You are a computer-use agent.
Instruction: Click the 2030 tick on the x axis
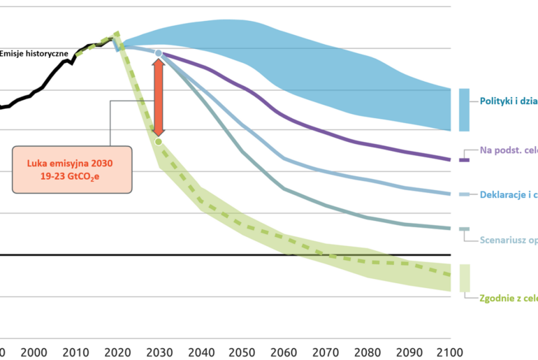tap(159, 352)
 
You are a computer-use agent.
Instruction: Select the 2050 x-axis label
tap(242, 352)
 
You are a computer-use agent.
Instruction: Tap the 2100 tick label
tap(449, 352)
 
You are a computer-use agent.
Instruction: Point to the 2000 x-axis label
tap(35, 352)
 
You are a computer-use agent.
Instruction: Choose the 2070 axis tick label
tap(325, 352)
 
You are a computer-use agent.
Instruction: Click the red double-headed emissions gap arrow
tap(159, 97)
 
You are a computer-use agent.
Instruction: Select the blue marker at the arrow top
tap(159, 53)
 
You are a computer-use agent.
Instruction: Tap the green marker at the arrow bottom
tap(159, 142)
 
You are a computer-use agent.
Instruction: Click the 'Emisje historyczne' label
tap(34, 53)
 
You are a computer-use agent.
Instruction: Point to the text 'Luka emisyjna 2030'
tap(69, 163)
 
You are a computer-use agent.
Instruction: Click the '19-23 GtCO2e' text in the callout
tap(69, 177)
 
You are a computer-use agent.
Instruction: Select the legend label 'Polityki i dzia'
tap(508, 101)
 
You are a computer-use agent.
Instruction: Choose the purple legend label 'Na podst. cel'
tap(508, 150)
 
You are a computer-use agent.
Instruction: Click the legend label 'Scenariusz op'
tap(508, 240)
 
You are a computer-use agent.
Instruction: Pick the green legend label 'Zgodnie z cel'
tap(508, 298)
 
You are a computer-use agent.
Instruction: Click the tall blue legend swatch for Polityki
tap(464, 110)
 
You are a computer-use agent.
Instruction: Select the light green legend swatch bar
tap(464, 278)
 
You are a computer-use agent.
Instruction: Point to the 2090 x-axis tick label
tap(408, 352)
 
